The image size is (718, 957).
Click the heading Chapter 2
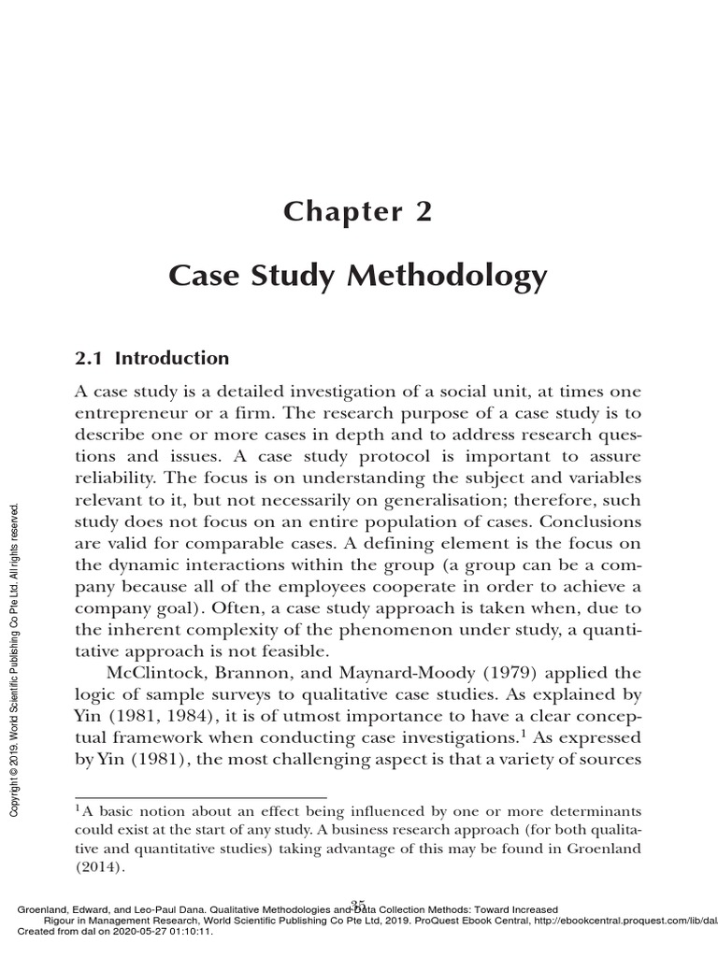click(x=359, y=212)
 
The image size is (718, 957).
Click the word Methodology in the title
click(x=452, y=277)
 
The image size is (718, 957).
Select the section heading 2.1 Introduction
click(x=151, y=358)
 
